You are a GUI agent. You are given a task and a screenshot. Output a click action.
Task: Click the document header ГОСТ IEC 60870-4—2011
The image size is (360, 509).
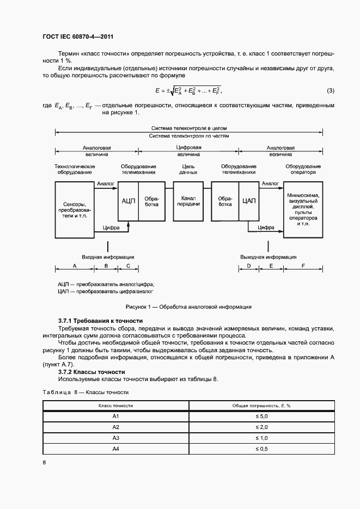[x=77, y=36]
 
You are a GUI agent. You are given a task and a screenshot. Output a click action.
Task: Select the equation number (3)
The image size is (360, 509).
[x=330, y=90]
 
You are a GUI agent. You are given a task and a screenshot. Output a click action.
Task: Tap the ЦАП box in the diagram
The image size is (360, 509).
[x=248, y=201]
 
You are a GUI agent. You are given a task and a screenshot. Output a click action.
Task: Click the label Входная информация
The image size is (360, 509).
[x=108, y=256]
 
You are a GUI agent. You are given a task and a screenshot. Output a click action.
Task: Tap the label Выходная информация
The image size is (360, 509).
[x=268, y=256]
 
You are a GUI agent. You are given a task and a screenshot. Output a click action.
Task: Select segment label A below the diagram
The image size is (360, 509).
[x=74, y=266]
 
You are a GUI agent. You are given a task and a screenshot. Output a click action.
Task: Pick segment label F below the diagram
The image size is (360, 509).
[x=303, y=266]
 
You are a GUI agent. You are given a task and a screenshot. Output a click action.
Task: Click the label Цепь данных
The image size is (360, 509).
[x=188, y=169]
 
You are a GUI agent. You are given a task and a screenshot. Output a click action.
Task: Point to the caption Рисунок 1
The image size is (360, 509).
[x=188, y=307]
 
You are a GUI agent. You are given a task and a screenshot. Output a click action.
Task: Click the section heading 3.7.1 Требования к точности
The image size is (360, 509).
[x=100, y=321]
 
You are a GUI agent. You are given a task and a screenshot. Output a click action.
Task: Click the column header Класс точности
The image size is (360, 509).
[x=115, y=406]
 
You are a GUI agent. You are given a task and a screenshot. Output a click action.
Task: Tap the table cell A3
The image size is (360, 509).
[x=115, y=438]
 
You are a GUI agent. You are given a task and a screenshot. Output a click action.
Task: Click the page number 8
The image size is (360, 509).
[x=44, y=462]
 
